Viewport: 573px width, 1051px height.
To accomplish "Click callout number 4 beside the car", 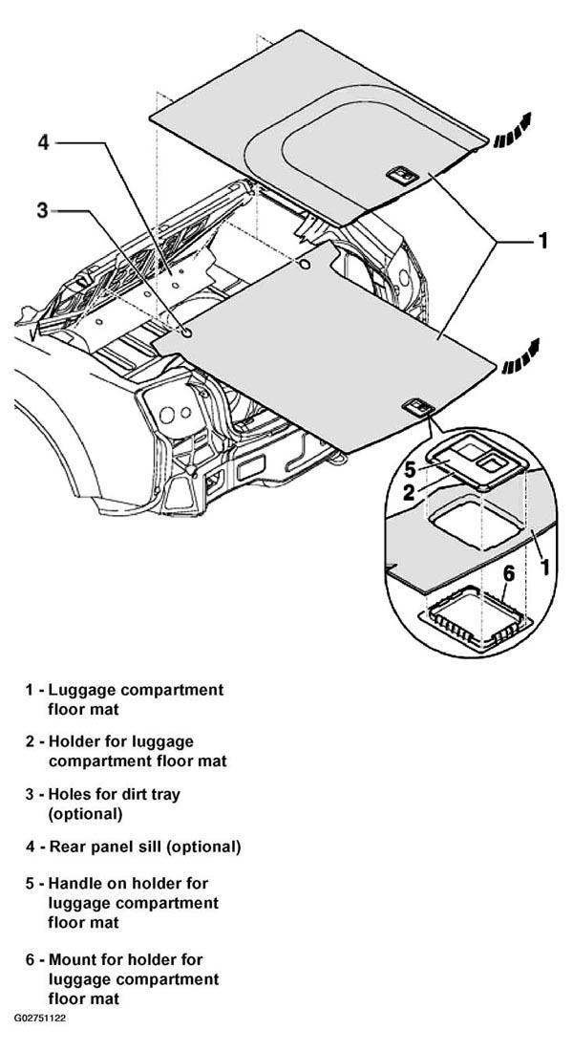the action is point(44,142).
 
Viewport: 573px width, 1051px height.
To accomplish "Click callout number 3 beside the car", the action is point(42,210).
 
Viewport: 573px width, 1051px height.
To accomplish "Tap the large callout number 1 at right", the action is point(542,241).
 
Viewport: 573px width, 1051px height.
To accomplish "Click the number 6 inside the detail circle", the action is point(509,574).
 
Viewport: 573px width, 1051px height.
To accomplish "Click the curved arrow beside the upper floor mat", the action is point(512,131).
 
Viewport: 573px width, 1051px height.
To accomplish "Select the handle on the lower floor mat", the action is point(418,407).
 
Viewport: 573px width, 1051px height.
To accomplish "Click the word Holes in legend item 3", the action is point(71,794).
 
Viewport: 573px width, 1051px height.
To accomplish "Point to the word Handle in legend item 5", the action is point(75,884).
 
